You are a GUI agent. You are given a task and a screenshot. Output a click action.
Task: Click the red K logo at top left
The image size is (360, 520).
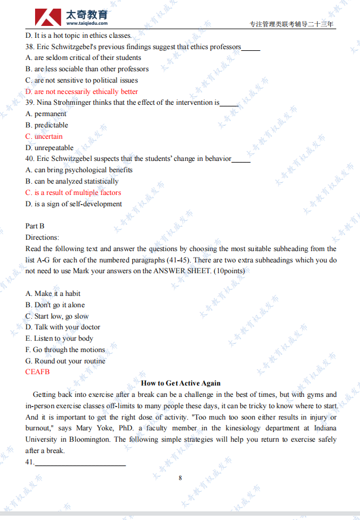[x=48, y=17]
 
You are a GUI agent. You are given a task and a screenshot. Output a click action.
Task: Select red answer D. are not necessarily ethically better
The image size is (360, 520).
[x=81, y=92]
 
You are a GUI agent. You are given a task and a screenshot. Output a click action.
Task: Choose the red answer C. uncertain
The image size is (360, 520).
[x=44, y=137]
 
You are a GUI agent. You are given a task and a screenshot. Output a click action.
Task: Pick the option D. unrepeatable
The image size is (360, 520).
[x=49, y=148]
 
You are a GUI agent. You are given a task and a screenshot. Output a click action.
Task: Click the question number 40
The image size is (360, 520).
[x=30, y=159]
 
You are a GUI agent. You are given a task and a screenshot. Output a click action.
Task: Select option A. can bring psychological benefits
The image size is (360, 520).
[x=79, y=170]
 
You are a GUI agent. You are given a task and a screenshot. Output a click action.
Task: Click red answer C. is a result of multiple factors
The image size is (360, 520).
[x=73, y=193]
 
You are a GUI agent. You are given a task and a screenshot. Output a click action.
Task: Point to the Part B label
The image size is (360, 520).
[x=35, y=226]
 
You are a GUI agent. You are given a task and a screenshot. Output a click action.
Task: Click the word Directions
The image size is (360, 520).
[x=42, y=238]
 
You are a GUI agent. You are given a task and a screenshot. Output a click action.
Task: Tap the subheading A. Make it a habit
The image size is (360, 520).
[x=53, y=294]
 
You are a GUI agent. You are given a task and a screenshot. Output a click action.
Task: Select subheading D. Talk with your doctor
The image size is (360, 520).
[x=63, y=327]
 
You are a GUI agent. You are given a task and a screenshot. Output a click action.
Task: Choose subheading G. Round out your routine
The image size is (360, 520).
[x=65, y=361]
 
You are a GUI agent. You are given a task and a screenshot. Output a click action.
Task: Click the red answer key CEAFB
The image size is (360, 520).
[x=37, y=372]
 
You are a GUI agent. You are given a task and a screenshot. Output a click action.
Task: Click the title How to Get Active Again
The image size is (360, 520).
[x=180, y=383]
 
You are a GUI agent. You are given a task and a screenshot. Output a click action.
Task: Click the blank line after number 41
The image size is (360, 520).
[x=80, y=463]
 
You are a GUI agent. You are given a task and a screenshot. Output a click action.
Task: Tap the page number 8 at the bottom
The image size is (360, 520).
[x=180, y=478]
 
